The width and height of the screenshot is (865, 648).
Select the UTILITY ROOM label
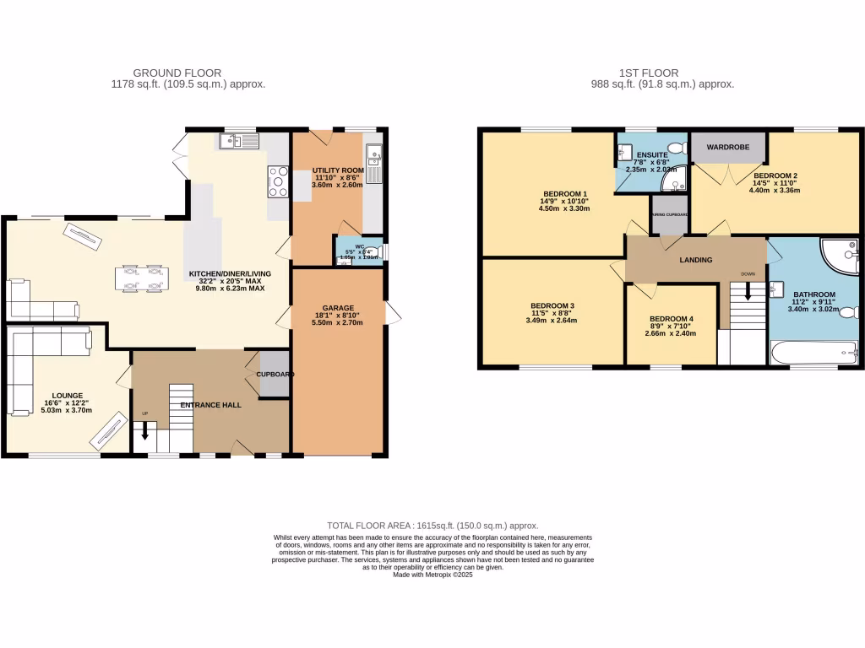(338, 170)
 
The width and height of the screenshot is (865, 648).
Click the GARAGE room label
(338, 308)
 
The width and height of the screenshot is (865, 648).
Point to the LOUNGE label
(67, 396)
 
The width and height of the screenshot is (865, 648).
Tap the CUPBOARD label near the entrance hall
(275, 374)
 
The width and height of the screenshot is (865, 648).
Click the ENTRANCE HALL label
(210, 405)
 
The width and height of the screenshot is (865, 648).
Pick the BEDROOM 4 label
(672, 319)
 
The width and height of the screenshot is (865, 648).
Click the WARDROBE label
(728, 148)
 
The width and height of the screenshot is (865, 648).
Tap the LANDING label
(695, 260)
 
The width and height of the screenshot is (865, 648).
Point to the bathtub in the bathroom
(813, 352)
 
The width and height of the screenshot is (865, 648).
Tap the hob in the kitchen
(278, 181)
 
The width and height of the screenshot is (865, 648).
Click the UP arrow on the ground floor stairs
(144, 431)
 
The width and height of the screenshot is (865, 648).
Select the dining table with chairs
(142, 279)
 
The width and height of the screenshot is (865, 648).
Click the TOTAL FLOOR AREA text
(432, 526)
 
